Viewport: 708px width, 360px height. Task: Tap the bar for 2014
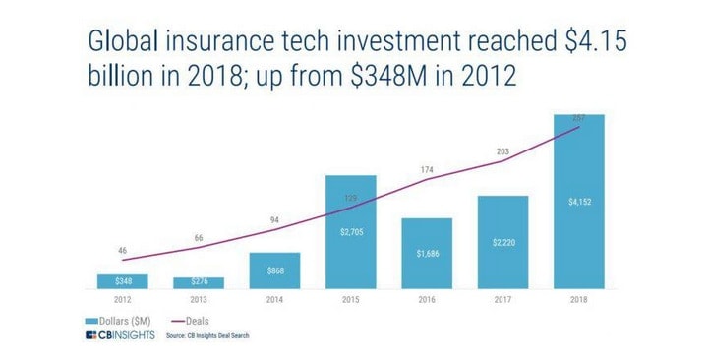click(274, 270)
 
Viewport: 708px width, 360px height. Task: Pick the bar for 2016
click(426, 254)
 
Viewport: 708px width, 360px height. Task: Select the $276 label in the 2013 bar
click(199, 283)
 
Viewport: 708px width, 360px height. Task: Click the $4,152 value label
click(578, 202)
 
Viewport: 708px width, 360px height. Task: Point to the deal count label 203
click(502, 151)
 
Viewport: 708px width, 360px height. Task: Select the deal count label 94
click(274, 219)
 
